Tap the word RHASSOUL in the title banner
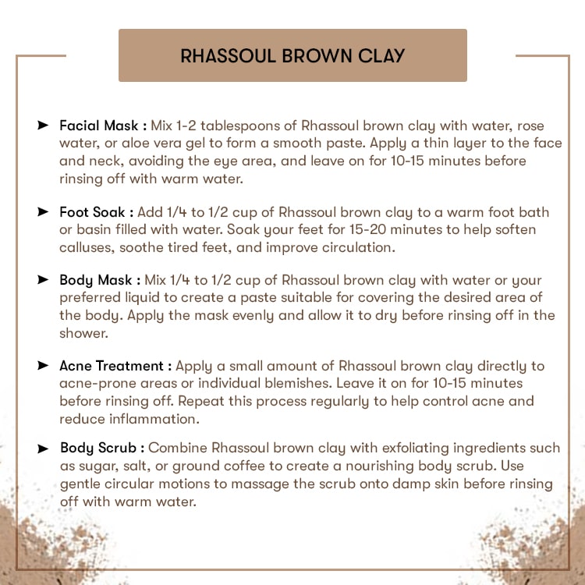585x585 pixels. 223,56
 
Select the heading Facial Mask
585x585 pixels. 99,126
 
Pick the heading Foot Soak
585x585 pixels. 93,212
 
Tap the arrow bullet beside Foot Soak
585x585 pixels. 43,212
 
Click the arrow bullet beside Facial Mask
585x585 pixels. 43,126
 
